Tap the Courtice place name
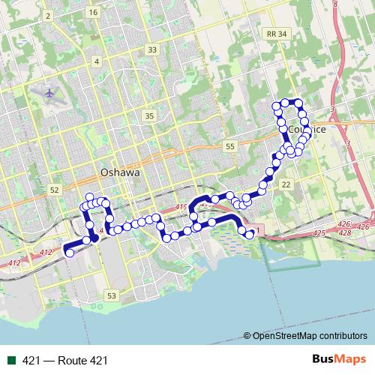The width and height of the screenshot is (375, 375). tap(307, 129)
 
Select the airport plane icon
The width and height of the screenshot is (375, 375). tap(49, 94)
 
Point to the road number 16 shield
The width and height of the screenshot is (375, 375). tap(92, 13)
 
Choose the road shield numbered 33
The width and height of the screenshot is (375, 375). tap(153, 49)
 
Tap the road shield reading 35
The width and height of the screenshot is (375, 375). tap(149, 115)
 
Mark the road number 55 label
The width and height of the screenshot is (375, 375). tap(229, 146)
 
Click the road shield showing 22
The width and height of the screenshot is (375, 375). tap(286, 184)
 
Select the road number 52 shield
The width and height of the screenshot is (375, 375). tap(53, 190)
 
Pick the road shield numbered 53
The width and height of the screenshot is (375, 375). tap(112, 296)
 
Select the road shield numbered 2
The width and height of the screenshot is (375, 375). tap(48, 15)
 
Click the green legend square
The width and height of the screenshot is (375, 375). tap(11, 361)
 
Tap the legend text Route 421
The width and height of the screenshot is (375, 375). tap(65, 361)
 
